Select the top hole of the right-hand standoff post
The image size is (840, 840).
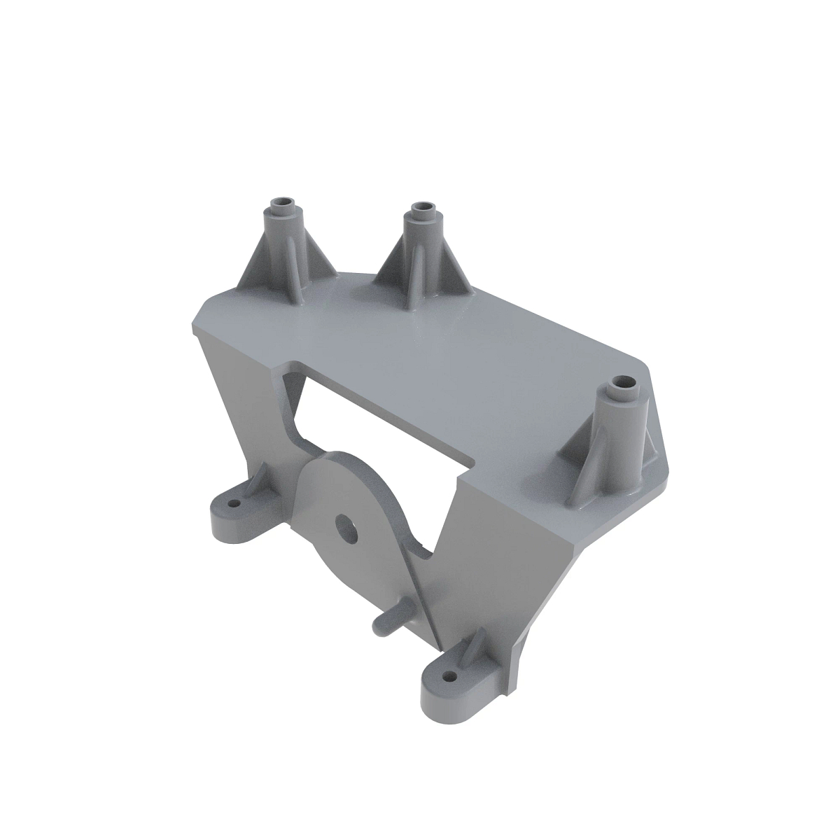tap(622, 384)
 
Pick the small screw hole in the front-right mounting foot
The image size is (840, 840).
tap(448, 677)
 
